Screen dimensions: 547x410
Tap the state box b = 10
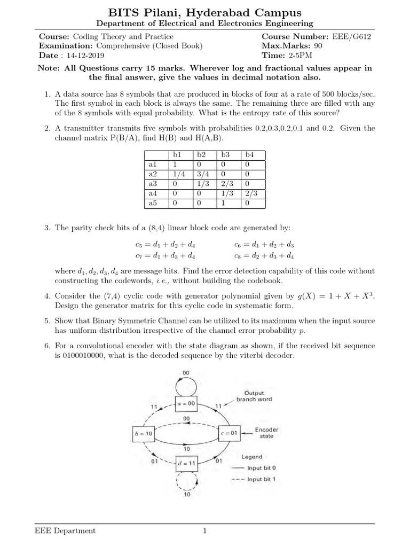tap(143, 434)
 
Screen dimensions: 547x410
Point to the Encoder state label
tap(266, 433)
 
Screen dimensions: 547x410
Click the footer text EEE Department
tap(65, 530)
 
